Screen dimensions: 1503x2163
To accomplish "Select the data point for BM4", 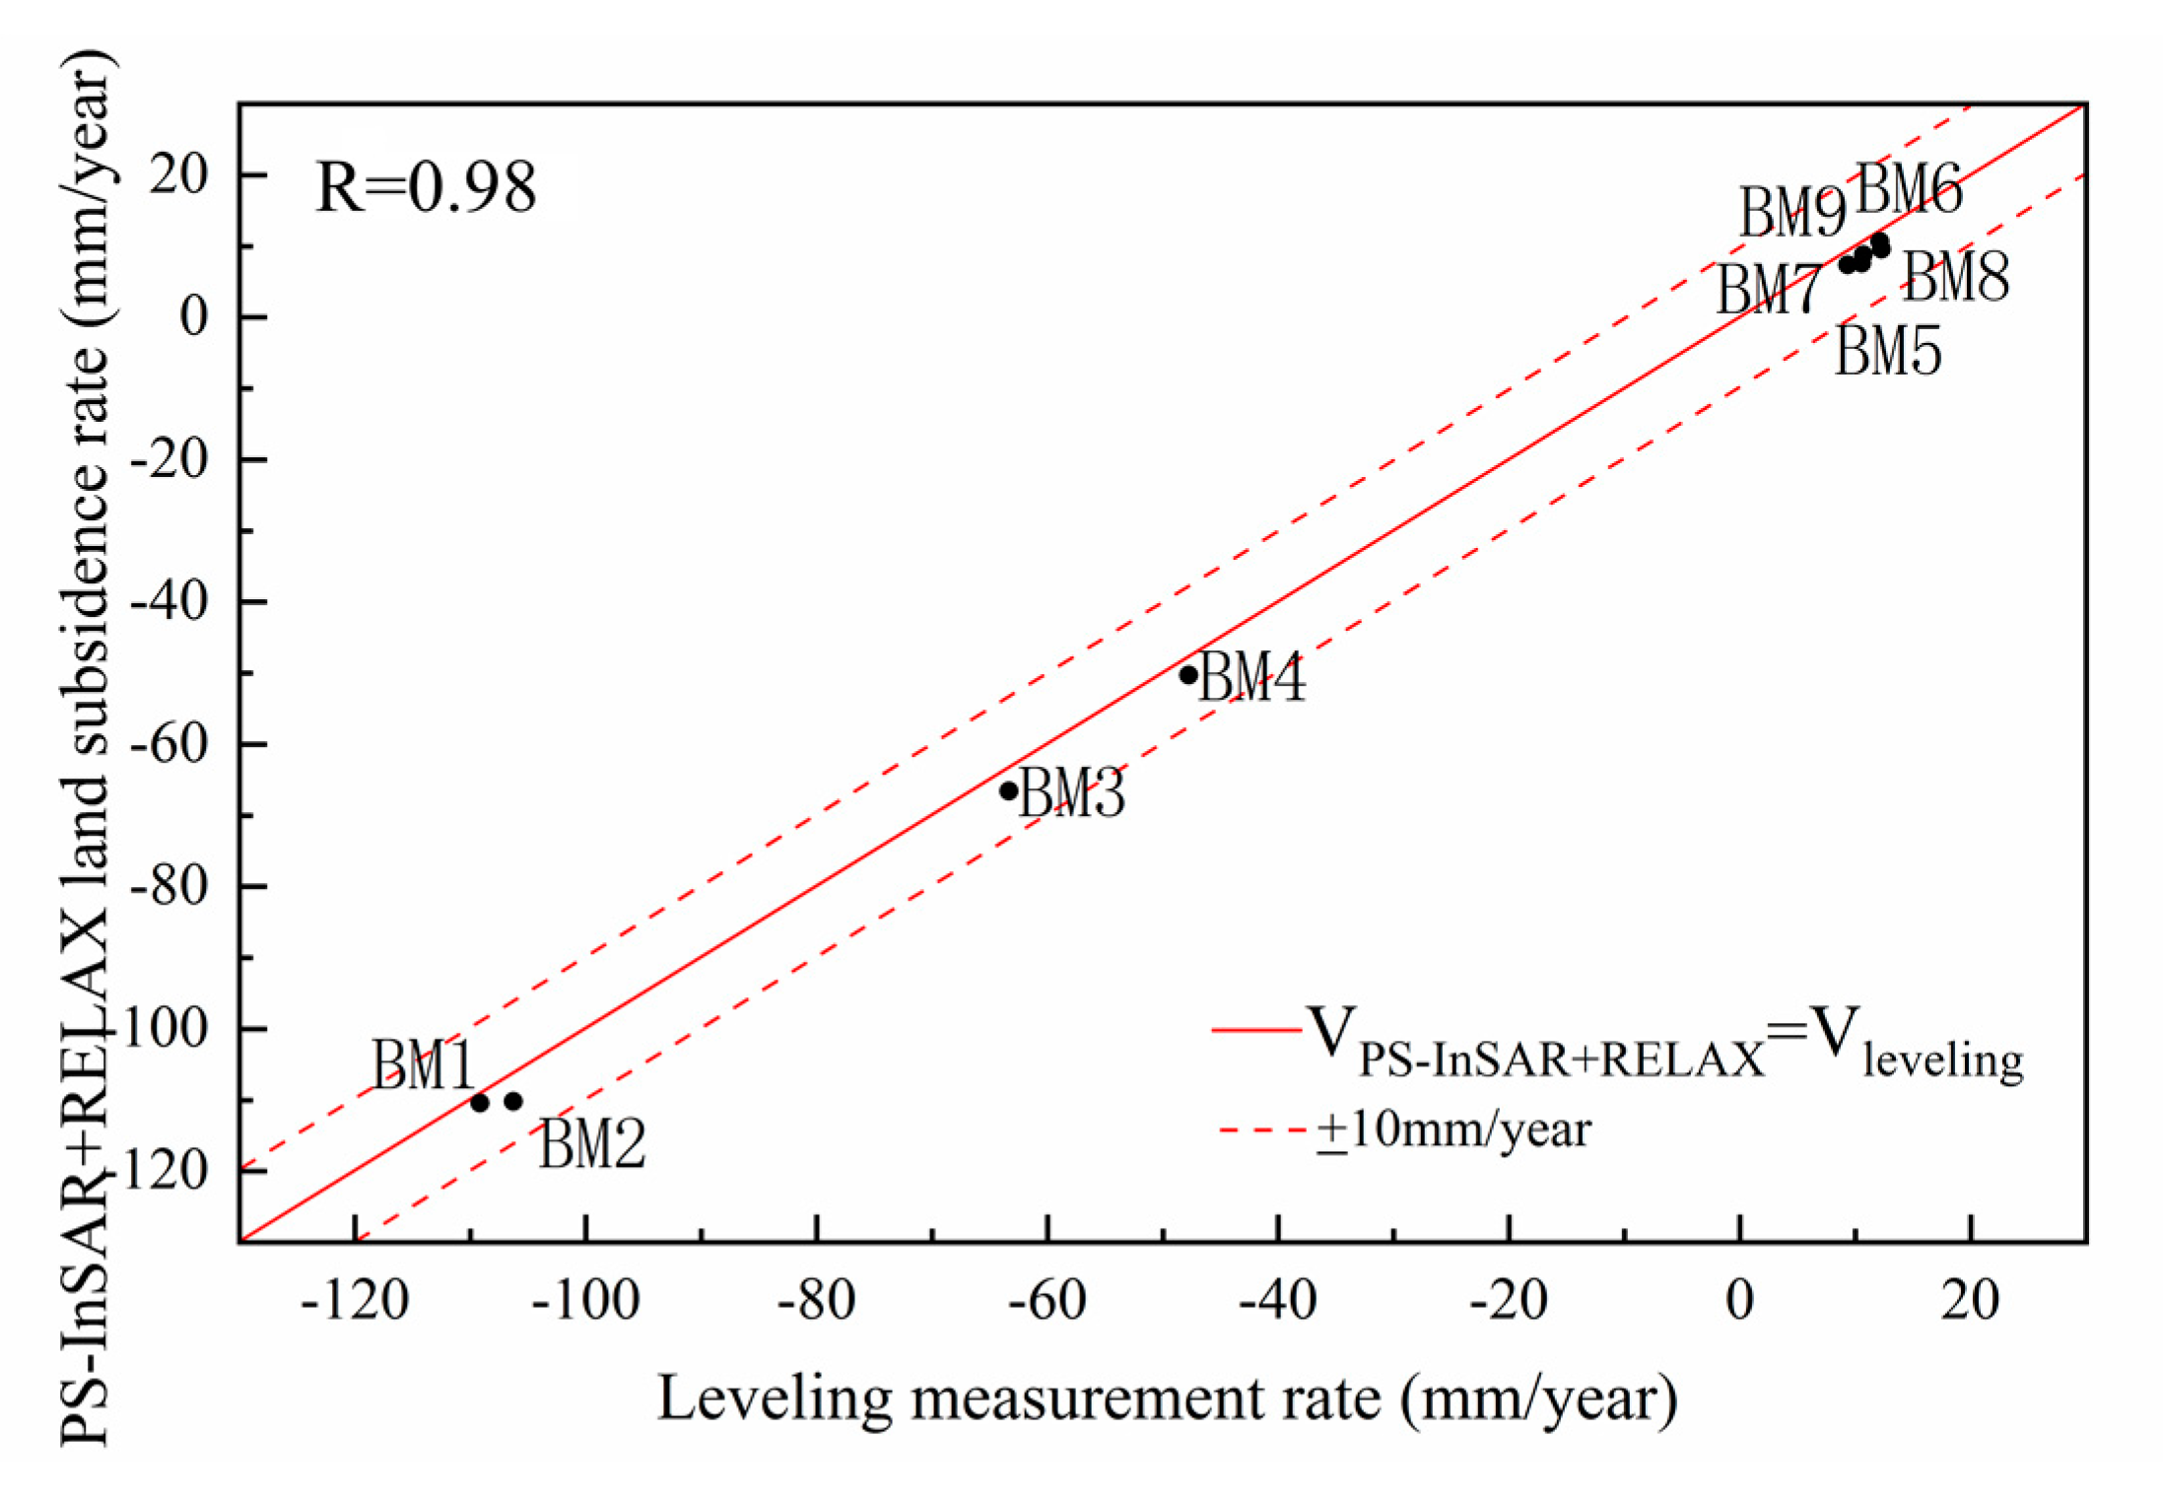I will [1188, 675].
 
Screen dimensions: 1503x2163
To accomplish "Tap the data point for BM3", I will [1008, 790].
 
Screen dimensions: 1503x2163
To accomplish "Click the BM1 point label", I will [424, 1065].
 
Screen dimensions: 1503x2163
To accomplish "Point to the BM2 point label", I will [591, 1144].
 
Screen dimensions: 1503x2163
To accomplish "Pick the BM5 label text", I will [1887, 350].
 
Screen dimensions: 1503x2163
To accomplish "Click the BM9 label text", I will [1791, 213].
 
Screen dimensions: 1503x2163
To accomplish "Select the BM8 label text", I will [1955, 277].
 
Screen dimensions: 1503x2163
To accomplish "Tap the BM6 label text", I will [1909, 189].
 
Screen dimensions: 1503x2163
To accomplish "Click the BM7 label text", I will [1769, 291].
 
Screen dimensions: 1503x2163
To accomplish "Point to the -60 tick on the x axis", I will [1047, 1301].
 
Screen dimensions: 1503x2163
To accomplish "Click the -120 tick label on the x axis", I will [355, 1301].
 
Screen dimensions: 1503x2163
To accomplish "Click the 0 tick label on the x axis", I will [1740, 1301].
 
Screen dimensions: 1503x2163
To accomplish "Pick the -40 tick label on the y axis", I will [169, 602].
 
